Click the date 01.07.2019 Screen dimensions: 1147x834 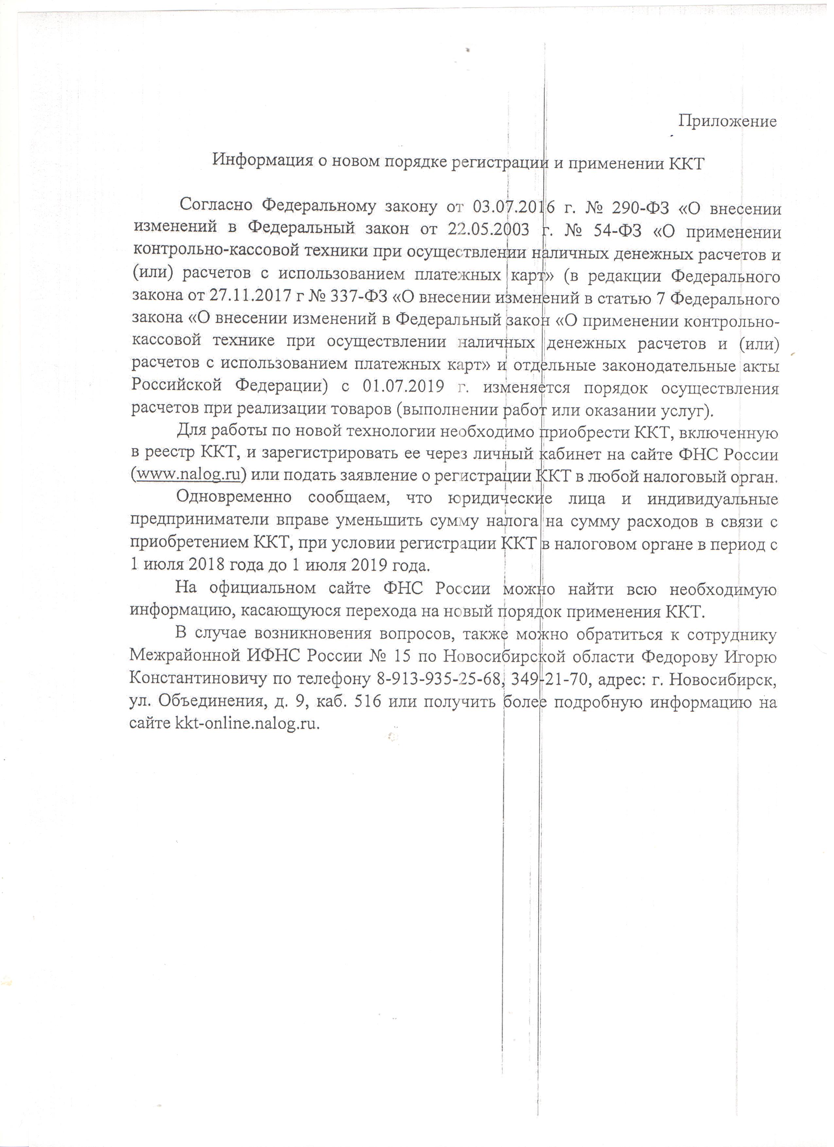403,387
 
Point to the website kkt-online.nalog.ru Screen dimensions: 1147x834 247,723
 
